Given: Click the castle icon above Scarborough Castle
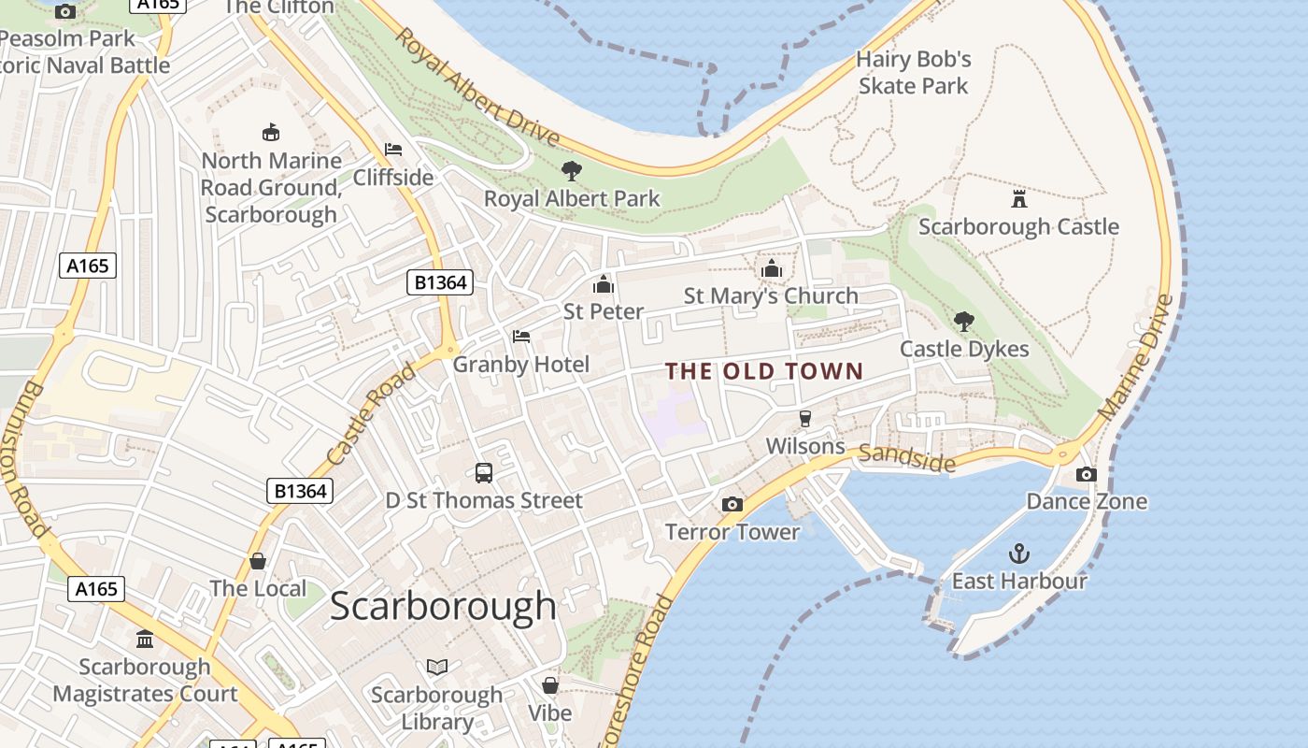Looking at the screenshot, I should coord(1018,198).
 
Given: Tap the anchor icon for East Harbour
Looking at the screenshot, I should coord(1018,553).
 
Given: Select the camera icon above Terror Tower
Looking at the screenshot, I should coord(732,505).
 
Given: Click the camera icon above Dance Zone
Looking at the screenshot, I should coord(1086,474).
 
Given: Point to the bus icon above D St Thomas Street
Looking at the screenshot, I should coord(484,473).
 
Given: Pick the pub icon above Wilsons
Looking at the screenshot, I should coord(804,419).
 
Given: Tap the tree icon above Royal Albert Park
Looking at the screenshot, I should coord(571,171).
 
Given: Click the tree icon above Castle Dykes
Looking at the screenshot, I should coord(963,322).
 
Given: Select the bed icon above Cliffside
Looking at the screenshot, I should coord(393,150).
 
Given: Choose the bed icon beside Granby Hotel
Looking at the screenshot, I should coord(521,337).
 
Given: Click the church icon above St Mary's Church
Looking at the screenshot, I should coord(771,269).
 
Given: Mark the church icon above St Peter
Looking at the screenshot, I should coord(604,283).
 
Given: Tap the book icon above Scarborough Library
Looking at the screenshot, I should coord(437,667).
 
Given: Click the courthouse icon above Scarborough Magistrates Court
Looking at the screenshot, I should coord(145,640).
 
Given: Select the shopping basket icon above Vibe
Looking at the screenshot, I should coord(550,685).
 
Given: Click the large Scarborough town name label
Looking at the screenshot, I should coord(443,606).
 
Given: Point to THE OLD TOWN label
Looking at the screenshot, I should coord(765,371).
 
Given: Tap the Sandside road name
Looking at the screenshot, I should coord(906,457).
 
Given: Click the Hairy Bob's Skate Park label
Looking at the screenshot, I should coord(914,73).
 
